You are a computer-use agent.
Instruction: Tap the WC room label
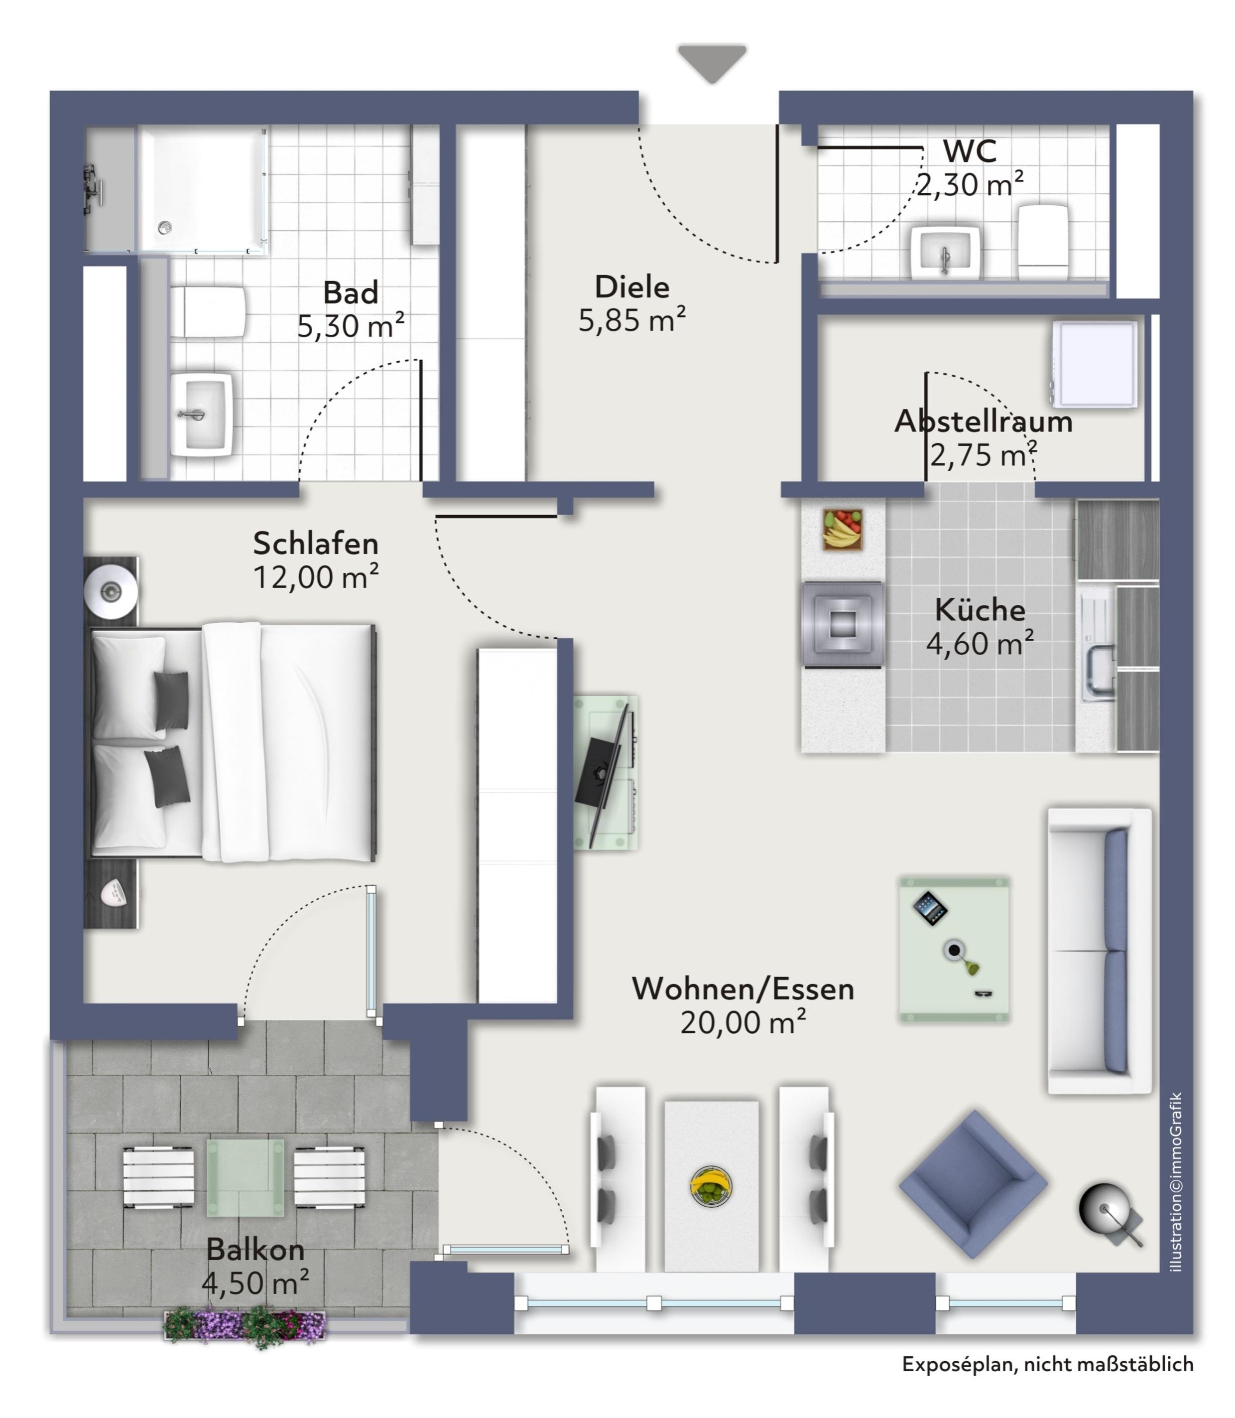click(970, 151)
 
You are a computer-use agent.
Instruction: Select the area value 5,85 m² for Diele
click(632, 320)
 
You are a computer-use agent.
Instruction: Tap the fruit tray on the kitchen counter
click(842, 530)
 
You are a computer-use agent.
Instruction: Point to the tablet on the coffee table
click(930, 909)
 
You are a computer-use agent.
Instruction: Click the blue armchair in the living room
click(973, 1183)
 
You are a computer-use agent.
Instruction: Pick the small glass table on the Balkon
click(246, 1177)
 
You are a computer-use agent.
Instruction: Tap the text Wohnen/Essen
click(743, 989)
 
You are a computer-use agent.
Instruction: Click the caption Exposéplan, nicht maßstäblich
click(1048, 1364)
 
